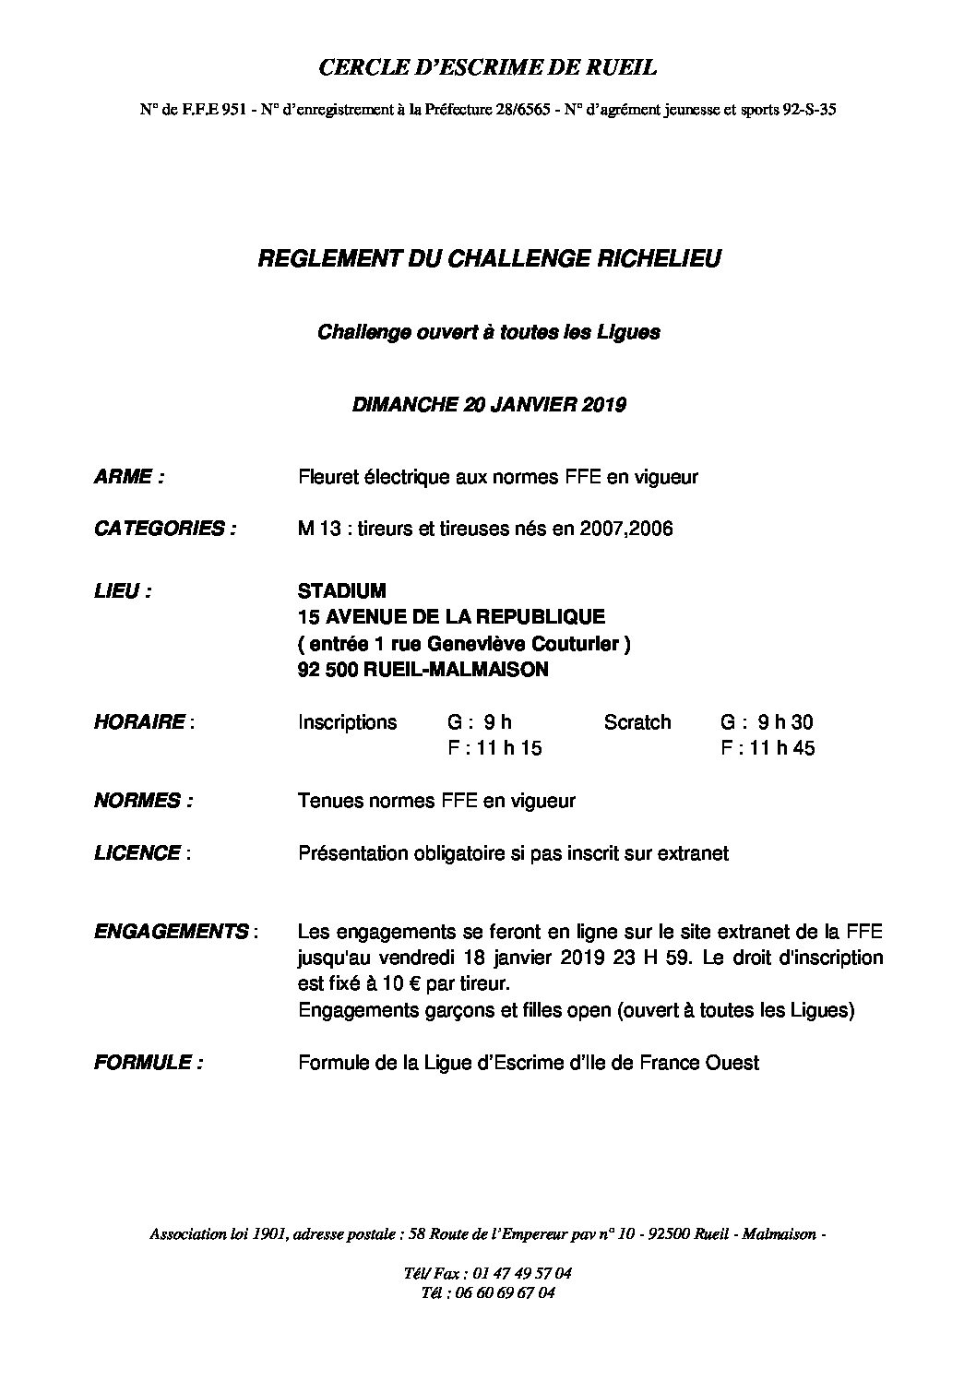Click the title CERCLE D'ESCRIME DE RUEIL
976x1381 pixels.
488,66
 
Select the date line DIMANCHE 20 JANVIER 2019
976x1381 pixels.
489,405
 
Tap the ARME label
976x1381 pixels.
129,477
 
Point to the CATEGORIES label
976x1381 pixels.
164,529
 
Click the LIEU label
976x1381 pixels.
123,591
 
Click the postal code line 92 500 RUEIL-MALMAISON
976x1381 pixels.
423,670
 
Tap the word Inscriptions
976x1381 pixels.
347,722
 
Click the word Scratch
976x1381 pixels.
637,722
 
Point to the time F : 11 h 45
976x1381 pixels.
768,748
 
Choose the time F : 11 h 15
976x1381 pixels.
494,748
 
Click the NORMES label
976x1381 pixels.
143,801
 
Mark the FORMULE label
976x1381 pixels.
149,1063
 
